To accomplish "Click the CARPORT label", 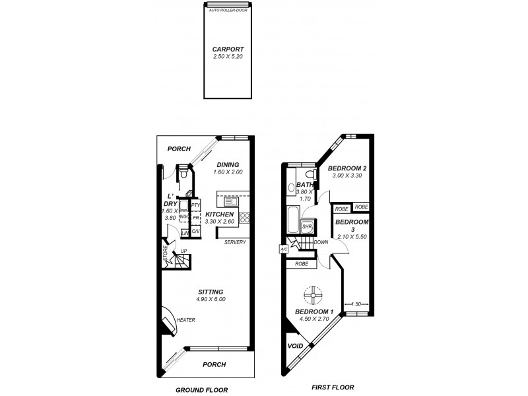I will pyautogui.click(x=228, y=49).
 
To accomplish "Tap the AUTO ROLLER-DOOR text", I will pyautogui.click(x=228, y=10).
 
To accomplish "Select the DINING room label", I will pyautogui.click(x=227, y=165).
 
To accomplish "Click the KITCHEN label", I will pyautogui.click(x=220, y=214).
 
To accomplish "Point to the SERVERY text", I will pyautogui.click(x=236, y=242).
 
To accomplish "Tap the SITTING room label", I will pyautogui.click(x=211, y=292).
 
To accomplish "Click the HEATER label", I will pyautogui.click(x=185, y=320).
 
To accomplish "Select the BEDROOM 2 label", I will pyautogui.click(x=347, y=169).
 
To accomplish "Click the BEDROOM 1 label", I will pyautogui.click(x=313, y=312).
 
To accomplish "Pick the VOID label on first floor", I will pyautogui.click(x=296, y=346).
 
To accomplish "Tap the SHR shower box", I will pyautogui.click(x=307, y=227).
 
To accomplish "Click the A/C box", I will pyautogui.click(x=283, y=249).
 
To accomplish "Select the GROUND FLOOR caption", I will pyautogui.click(x=201, y=390).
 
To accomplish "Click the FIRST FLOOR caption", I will pyautogui.click(x=332, y=387).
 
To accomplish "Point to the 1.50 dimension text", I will pyautogui.click(x=356, y=304).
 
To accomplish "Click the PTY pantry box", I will pyautogui.click(x=196, y=206).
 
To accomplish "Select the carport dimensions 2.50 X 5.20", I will pyautogui.click(x=228, y=57).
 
